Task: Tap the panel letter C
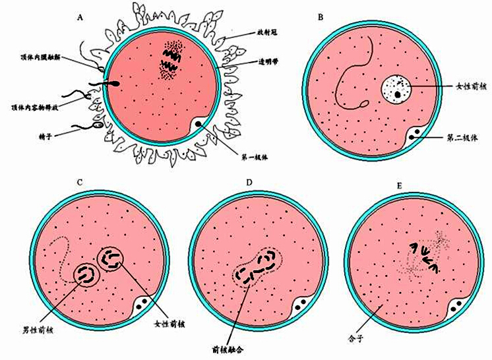(x=79, y=182)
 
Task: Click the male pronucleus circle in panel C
(x=85, y=274)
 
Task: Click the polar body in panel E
(x=457, y=307)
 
